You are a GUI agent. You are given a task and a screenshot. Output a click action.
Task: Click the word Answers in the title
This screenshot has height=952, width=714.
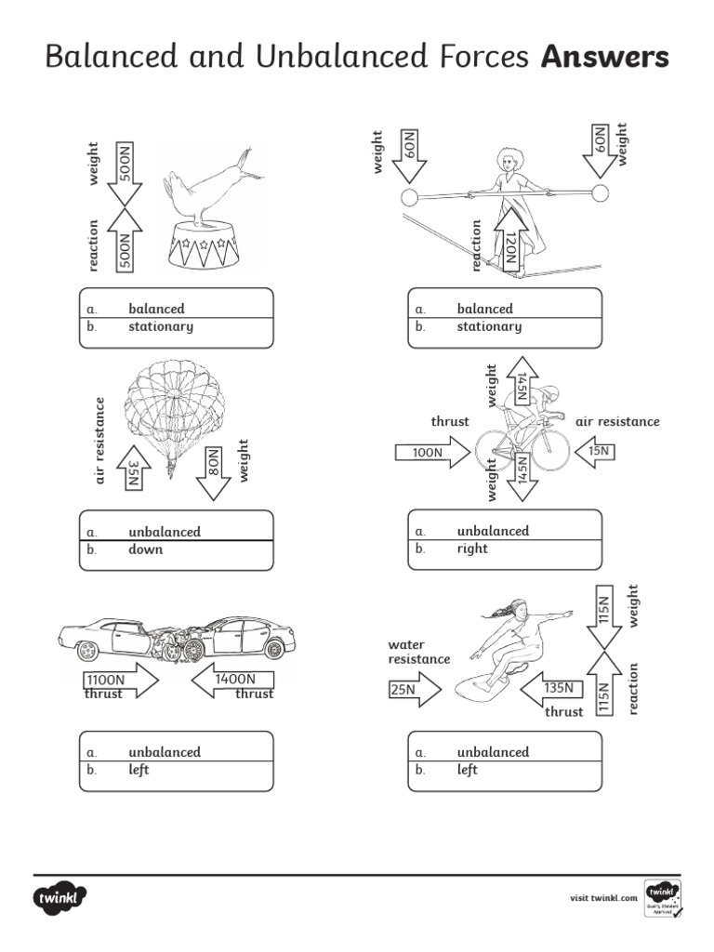coord(604,58)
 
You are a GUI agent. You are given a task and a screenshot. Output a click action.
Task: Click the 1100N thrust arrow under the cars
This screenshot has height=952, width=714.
coord(120,681)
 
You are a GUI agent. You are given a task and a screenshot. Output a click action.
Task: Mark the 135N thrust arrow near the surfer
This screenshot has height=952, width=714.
coord(552,690)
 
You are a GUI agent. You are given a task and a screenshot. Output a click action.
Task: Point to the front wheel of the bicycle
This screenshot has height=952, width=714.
coord(549,451)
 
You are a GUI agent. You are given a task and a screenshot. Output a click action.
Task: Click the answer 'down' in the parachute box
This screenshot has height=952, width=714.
coord(145,549)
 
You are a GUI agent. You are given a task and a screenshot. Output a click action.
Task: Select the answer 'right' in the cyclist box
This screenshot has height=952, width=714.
coord(472,549)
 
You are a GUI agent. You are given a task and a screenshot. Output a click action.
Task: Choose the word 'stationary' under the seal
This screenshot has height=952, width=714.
coord(161,327)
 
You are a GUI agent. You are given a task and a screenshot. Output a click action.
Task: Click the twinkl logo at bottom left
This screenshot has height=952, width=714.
coord(61,899)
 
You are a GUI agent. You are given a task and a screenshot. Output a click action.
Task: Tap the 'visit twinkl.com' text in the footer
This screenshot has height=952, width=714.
coord(603,898)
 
